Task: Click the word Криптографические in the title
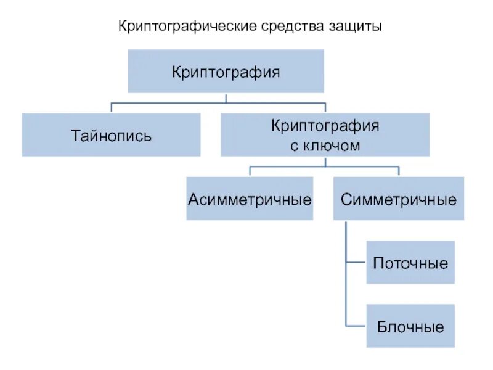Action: coord(187,27)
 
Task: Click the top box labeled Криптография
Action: coord(226,72)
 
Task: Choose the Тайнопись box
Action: coord(111,134)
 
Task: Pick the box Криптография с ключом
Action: coord(325,134)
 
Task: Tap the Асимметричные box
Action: coord(250,199)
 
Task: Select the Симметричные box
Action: coord(399,199)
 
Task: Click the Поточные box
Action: coord(410,262)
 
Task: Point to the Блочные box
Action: coord(410,326)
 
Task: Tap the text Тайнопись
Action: coord(111,135)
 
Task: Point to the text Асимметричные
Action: coord(250,199)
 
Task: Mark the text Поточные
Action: coord(410,263)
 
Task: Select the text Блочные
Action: coord(410,327)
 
